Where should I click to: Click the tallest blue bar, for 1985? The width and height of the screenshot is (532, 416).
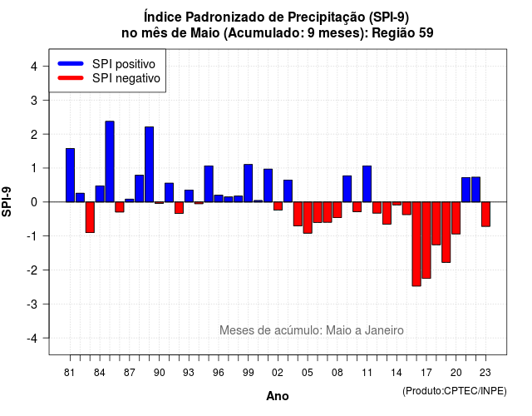(110, 161)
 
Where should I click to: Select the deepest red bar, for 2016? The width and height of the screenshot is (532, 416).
(416, 244)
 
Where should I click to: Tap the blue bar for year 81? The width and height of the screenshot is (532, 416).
(70, 176)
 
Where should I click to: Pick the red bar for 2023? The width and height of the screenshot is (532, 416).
(485, 215)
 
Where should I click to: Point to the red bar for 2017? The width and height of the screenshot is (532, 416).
(426, 240)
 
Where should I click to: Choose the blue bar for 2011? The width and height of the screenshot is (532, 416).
(367, 184)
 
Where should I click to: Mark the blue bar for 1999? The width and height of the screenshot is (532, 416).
(249, 183)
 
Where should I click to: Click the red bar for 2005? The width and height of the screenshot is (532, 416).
(308, 218)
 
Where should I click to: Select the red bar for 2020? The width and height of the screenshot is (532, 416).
(456, 218)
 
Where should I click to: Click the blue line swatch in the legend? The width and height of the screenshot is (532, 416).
(71, 63)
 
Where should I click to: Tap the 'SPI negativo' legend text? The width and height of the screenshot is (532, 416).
(126, 78)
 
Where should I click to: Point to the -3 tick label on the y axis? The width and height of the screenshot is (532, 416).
(32, 304)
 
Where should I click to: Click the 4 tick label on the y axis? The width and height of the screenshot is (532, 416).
(34, 67)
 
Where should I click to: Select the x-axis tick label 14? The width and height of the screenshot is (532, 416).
(397, 373)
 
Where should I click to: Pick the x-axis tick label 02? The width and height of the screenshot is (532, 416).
(278, 373)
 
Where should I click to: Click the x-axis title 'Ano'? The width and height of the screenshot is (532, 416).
(278, 396)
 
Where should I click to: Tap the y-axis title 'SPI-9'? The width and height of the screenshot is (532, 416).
(7, 201)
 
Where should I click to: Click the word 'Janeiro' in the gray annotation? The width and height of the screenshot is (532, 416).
(384, 330)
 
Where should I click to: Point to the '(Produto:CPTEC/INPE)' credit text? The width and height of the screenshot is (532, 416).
(455, 391)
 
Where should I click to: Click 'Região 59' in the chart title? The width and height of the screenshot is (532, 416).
(402, 33)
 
